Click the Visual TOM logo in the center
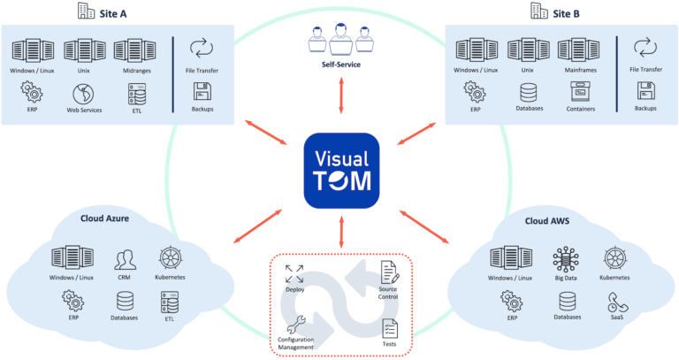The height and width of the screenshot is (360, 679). pos(340,171)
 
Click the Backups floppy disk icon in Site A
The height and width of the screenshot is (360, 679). pos(202,91)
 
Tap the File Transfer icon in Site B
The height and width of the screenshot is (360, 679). pos(645,49)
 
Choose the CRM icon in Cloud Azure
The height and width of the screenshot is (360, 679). pos(125,259)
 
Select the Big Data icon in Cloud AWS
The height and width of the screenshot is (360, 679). pos(566,259)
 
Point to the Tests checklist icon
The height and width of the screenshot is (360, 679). pos(389,328)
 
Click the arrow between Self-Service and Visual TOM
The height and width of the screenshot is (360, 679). pos(340,100)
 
